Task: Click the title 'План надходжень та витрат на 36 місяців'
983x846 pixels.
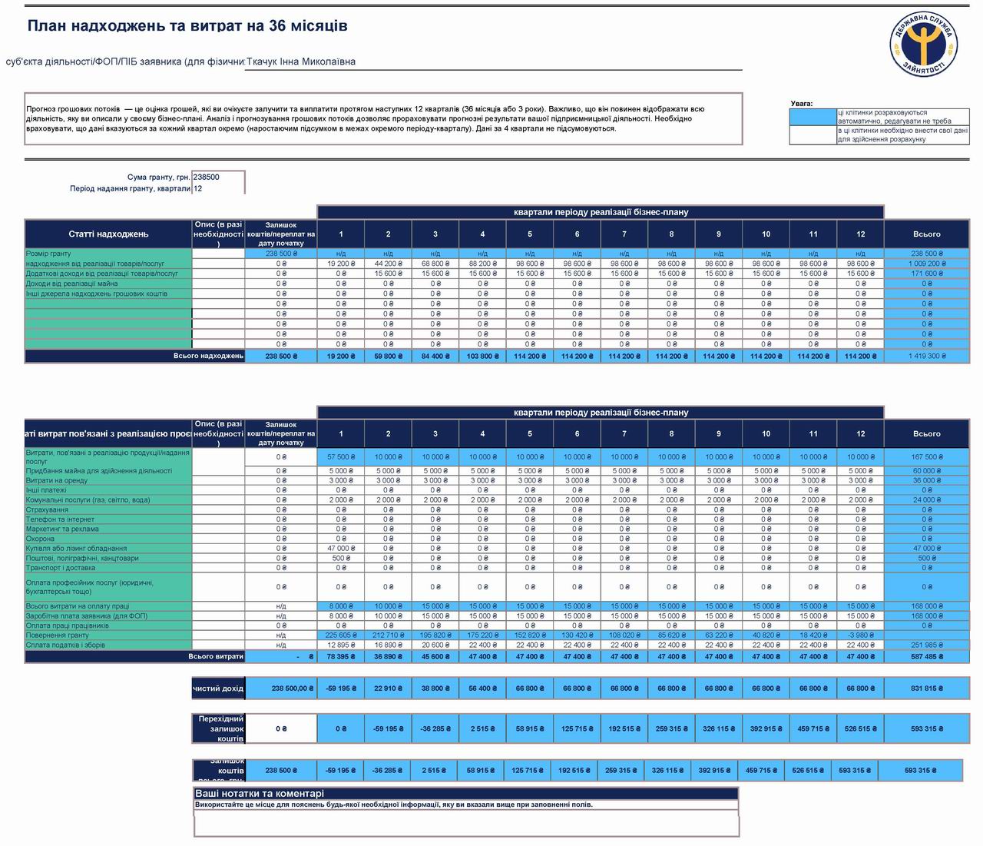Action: (x=187, y=25)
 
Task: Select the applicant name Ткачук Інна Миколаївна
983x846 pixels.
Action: (x=301, y=62)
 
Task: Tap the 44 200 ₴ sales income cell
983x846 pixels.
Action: (x=388, y=264)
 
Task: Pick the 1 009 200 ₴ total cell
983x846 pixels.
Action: (x=926, y=264)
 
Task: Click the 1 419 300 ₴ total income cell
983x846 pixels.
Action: (x=926, y=357)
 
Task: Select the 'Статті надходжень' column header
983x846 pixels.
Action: (x=108, y=234)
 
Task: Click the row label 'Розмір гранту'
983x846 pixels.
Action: (x=48, y=254)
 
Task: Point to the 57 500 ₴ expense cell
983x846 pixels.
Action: (x=341, y=457)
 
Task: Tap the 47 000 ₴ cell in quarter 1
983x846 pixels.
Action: (x=341, y=549)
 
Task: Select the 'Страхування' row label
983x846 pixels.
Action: (x=48, y=509)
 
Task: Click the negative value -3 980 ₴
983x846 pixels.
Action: (x=860, y=635)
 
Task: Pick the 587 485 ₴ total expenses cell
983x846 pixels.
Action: (x=926, y=657)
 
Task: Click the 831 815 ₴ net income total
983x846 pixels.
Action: (x=926, y=688)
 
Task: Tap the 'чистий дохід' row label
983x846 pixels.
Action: (x=218, y=688)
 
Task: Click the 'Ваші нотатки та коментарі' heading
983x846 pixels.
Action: (x=260, y=794)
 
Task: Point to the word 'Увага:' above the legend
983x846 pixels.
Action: (x=802, y=104)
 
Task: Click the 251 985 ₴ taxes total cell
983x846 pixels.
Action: (x=926, y=645)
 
